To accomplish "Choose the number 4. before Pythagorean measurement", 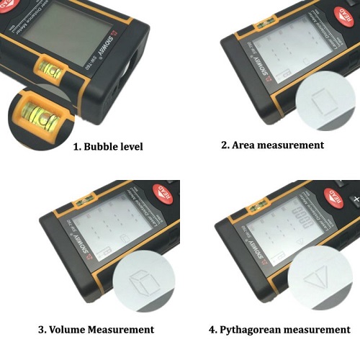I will [212, 330].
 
